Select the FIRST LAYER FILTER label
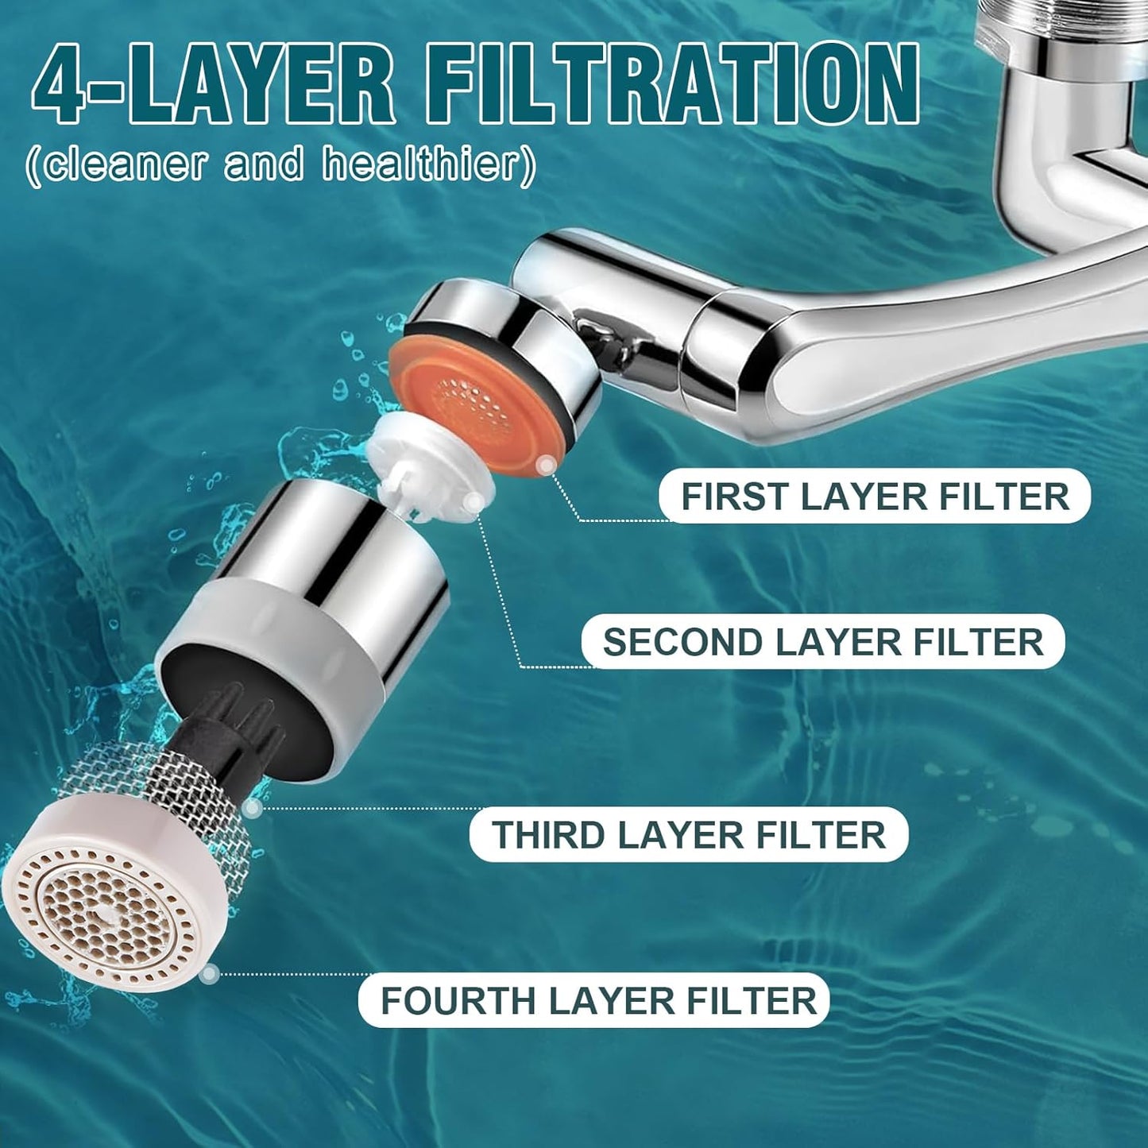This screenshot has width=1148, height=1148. coord(875,497)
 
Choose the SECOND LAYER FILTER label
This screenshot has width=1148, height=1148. coord(822,642)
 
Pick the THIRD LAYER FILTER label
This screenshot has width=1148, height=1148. coord(688,835)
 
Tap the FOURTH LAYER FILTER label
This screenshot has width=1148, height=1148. coord(597,1000)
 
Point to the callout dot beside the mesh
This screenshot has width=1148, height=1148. coord(253,809)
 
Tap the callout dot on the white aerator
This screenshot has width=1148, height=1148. coord(209,972)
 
